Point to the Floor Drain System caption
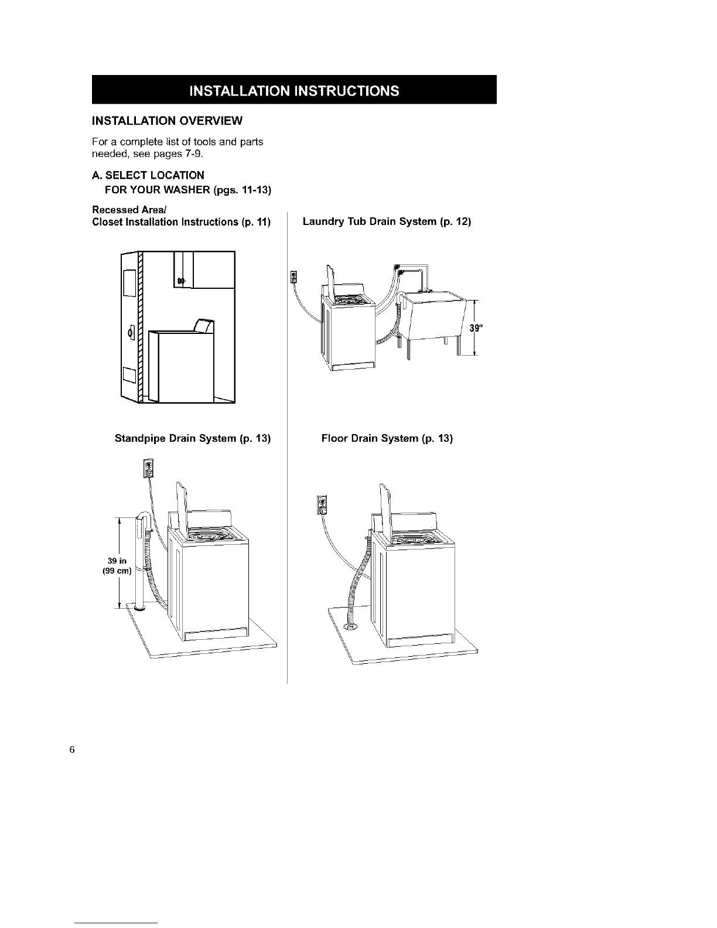click(x=387, y=438)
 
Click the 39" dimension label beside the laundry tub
click(x=474, y=327)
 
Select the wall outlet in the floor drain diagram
click(x=322, y=504)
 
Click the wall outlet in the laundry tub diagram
click(x=294, y=275)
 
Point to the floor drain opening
click(x=351, y=628)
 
